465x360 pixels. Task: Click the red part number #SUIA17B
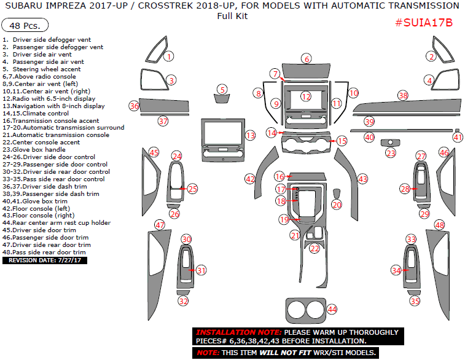pos(423,23)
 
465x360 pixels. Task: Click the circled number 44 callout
pos(332,309)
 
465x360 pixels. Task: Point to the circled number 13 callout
pos(250,134)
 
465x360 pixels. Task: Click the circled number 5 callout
pos(223,90)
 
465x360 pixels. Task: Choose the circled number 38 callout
pos(403,95)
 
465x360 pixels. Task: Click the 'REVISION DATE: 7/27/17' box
pos(44,260)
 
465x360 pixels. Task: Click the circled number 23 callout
pos(391,153)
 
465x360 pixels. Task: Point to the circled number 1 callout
pos(169,56)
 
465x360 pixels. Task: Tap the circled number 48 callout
pos(440,225)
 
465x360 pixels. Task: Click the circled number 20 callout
pos(337,204)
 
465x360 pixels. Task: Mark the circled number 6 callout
pos(306,59)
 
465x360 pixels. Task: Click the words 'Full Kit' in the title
pos(232,16)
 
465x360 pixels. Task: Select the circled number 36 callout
pos(134,106)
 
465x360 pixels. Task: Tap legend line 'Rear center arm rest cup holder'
pos(57,223)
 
